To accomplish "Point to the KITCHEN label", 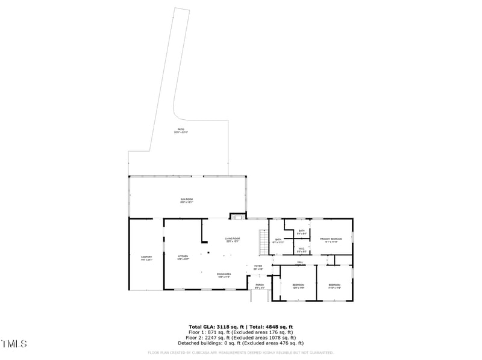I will pyautogui.click(x=183, y=258).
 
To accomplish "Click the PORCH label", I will pyautogui.click(x=260, y=286).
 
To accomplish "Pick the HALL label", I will pyautogui.click(x=299, y=262).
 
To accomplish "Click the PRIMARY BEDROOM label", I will pyautogui.click(x=331, y=240).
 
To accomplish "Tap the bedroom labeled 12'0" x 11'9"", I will pyautogui.click(x=298, y=286).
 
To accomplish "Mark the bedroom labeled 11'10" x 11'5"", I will pyautogui.click(x=334, y=286).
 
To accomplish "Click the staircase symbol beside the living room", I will pyautogui.click(x=263, y=243).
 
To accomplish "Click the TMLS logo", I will pyautogui.click(x=14, y=344).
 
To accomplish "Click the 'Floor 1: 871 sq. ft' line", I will pyautogui.click(x=240, y=332).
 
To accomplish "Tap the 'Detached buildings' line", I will pyautogui.click(x=240, y=343).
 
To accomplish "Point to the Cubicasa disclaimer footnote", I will pyautogui.click(x=240, y=353).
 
